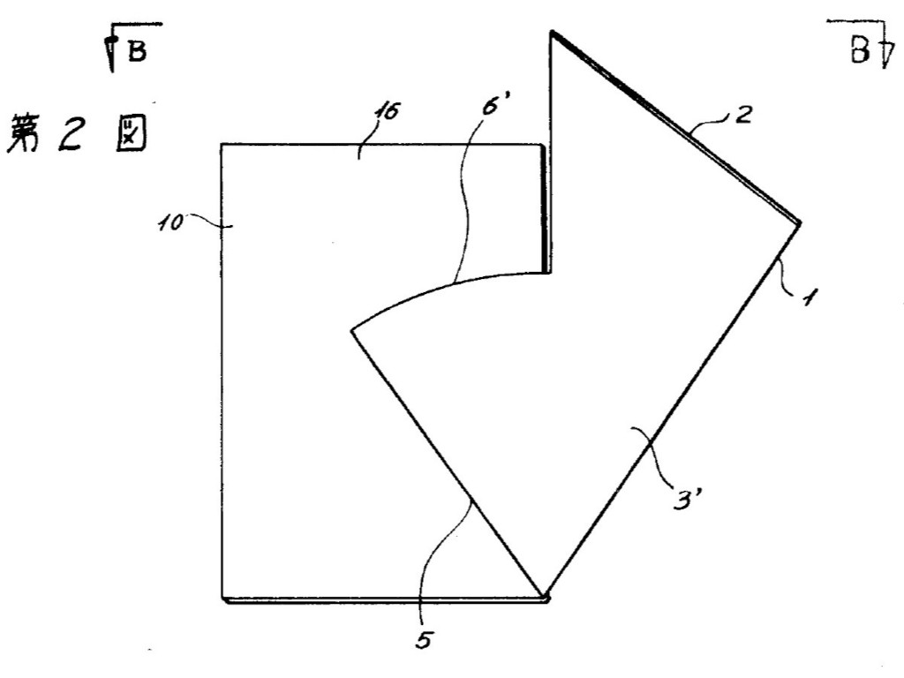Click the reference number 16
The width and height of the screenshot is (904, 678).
coord(387,111)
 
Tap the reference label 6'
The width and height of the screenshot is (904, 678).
coord(493,104)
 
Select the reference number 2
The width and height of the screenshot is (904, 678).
coord(743,115)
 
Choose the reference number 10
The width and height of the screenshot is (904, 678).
coord(170,222)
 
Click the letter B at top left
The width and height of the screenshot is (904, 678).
coord(137,50)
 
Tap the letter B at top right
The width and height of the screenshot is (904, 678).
coord(859,50)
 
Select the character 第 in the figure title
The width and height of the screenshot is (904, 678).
coord(23,134)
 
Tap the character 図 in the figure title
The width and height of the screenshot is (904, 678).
coord(131,133)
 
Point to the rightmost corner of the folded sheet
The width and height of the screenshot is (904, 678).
coord(800,222)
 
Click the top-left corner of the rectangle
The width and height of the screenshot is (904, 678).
coord(222,144)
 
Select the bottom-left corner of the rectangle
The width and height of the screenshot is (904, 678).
coord(222,599)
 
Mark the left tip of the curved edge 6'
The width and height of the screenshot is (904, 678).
coord(352,330)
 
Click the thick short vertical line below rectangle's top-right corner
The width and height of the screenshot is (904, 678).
coord(544,208)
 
